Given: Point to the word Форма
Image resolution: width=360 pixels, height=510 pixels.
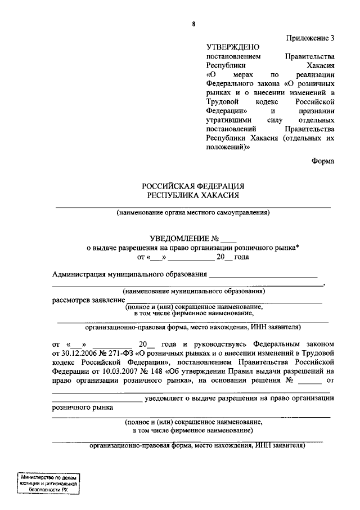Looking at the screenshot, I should point(323,161).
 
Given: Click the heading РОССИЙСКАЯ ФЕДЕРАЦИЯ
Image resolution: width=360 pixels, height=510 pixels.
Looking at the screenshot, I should point(192,186).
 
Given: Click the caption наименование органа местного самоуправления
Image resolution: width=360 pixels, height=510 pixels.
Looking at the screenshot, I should point(193,213).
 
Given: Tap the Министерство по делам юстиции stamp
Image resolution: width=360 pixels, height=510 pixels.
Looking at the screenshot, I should point(49,484).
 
